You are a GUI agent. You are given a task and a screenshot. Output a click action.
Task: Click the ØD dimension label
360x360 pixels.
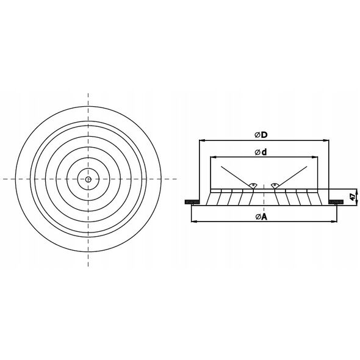coord(261,135)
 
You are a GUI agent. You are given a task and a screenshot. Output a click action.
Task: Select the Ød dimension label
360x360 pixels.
coord(261,152)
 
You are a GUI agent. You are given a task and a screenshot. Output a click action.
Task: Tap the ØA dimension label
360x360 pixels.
coord(262,217)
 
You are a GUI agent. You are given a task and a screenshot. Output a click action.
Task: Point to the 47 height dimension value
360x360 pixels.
coord(353,196)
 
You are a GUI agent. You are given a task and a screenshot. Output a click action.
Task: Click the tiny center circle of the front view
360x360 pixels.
coord(88,179)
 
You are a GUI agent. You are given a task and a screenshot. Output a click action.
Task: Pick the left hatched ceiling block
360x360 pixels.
coord(192,202)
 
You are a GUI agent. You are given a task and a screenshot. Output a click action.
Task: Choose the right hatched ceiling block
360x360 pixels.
coord(336,202)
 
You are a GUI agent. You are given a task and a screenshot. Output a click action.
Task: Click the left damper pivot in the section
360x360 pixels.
coord(253,185)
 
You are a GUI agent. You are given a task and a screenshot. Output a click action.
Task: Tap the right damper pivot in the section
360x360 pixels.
coord(275,185)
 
